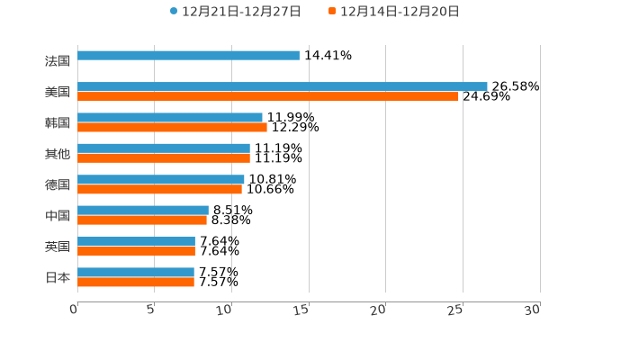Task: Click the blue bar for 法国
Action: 189,55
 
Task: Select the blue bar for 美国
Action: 283,86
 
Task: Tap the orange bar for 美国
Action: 268,96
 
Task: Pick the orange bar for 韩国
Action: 172,127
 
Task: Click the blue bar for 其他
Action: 164,148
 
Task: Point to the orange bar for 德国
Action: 159,189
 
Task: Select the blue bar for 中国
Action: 143,210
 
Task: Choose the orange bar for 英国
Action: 136,251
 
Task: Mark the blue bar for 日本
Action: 136,272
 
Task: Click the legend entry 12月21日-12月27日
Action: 236,12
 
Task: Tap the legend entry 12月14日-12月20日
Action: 393,12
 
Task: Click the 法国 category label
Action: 58,61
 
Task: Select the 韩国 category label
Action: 58,122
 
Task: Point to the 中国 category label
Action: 58,216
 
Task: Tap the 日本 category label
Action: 58,277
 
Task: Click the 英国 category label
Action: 58,247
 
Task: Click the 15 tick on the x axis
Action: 302,310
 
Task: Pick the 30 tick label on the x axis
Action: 533,310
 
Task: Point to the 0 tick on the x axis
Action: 75,310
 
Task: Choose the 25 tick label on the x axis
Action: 456,310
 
